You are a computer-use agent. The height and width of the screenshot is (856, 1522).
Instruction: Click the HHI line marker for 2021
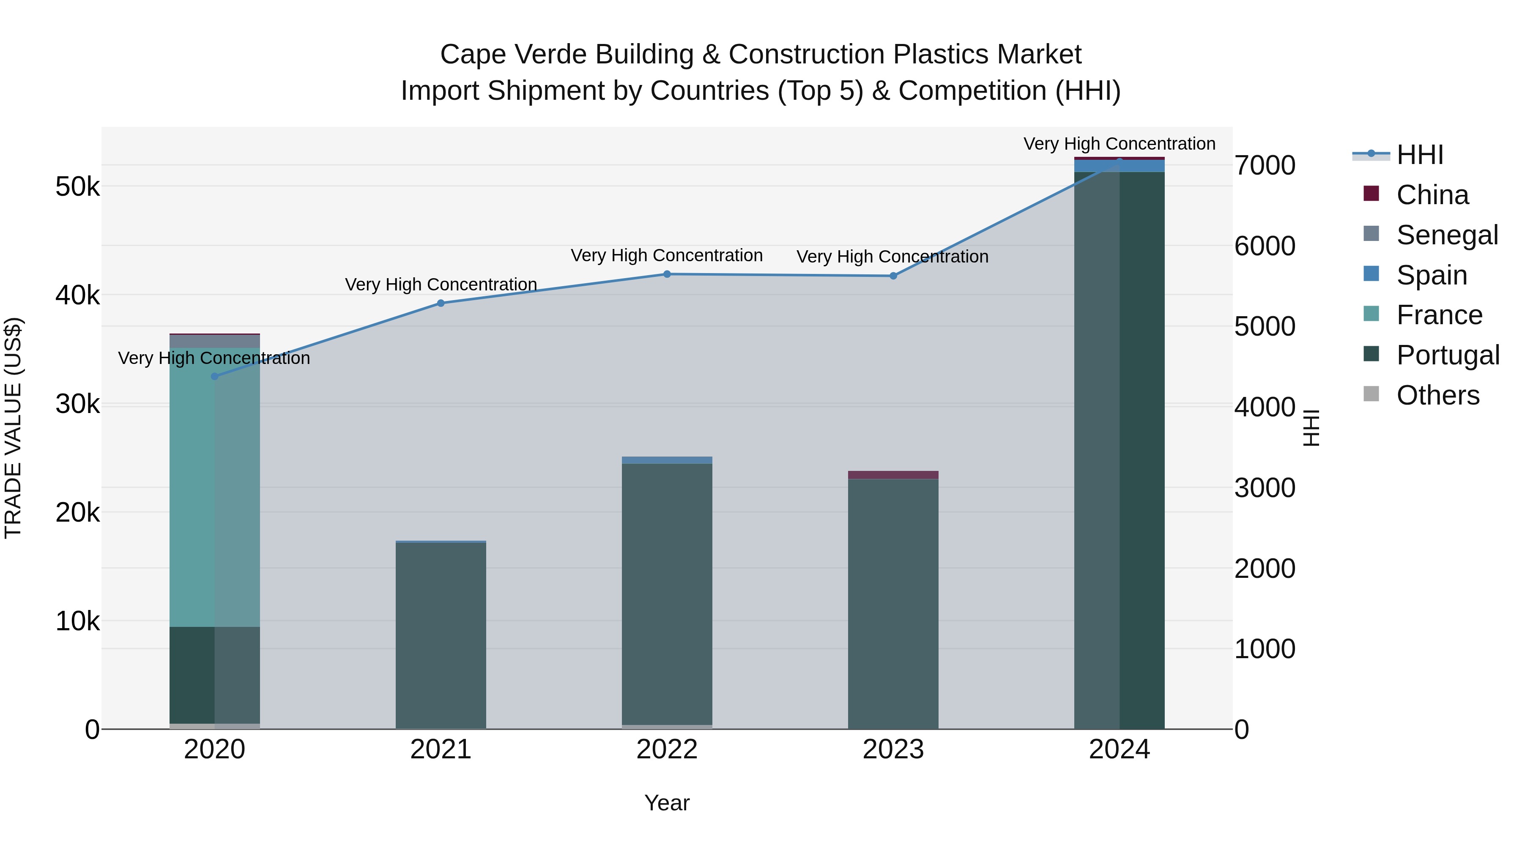coord(441,303)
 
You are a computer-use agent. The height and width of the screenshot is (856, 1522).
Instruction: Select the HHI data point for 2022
coord(667,274)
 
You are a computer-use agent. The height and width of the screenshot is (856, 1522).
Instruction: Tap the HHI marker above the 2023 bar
coord(893,276)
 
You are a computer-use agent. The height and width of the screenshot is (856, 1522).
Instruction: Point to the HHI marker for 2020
coord(214,376)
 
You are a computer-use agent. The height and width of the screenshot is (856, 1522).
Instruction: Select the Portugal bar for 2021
coord(441,635)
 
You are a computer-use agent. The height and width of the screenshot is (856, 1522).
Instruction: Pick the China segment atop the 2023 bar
coord(893,475)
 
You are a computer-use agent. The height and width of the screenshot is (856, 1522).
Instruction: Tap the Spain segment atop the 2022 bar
coord(667,460)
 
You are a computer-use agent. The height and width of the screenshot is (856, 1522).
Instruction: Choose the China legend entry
coord(1432,195)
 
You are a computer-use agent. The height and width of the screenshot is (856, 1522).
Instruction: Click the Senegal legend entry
coord(1447,235)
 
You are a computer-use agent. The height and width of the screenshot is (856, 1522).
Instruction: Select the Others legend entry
coord(1437,395)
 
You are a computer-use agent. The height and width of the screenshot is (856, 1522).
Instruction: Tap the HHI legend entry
coord(1420,155)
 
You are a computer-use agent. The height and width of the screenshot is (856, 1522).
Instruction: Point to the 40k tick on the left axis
coord(77,295)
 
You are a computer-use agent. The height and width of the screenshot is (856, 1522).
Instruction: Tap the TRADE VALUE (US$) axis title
coord(13,428)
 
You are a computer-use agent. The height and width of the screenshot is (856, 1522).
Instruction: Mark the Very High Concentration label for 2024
coord(1119,144)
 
